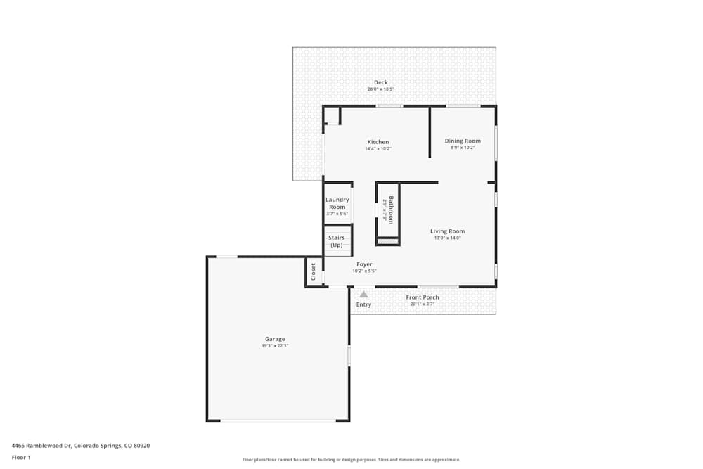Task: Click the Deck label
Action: (380, 82)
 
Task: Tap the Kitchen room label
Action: (378, 142)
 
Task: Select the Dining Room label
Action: (463, 141)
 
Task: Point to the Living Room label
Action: (447, 231)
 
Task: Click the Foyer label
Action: (364, 264)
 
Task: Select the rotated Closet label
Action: (314, 271)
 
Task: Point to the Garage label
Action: (275, 339)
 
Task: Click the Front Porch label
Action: (423, 297)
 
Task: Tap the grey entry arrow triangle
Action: (363, 295)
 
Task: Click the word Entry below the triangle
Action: (363, 304)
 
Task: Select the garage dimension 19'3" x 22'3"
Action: (275, 346)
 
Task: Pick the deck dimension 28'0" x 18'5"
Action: (380, 89)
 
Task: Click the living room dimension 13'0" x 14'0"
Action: (447, 238)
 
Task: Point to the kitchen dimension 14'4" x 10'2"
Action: (378, 148)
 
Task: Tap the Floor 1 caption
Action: (21, 457)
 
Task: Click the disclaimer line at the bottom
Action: (351, 459)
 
